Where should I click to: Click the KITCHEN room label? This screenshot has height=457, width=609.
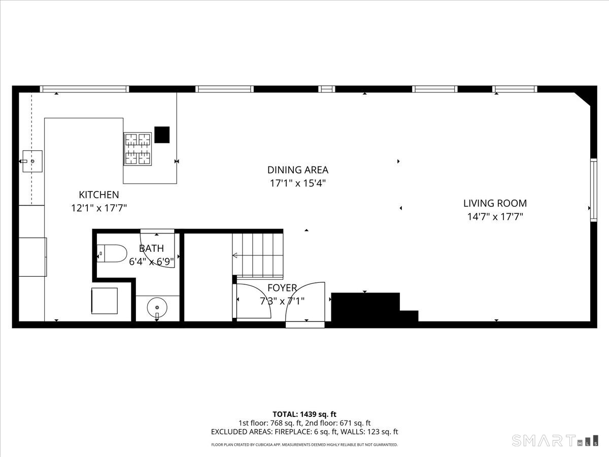99,194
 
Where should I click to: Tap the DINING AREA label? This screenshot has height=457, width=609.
298,170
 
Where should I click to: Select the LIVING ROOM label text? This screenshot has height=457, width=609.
495,204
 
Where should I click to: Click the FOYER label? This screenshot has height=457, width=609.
282,288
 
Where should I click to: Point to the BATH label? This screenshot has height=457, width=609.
151,248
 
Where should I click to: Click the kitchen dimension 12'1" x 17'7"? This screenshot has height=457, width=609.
99,208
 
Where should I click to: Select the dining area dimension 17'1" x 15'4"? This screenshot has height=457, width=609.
298,183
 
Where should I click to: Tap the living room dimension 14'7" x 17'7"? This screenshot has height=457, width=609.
495,217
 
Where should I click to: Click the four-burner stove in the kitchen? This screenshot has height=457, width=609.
138,149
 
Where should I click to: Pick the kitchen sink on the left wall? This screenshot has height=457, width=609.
32,161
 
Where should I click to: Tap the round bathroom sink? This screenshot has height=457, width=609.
157,307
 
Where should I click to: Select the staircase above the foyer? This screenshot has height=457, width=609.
257,252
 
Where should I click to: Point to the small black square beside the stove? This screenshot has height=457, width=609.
162,135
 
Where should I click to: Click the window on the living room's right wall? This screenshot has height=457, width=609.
593,189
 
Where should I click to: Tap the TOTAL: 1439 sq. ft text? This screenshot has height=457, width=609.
304,414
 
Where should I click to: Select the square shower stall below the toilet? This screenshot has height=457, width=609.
105,301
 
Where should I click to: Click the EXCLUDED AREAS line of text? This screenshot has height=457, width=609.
304,432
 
